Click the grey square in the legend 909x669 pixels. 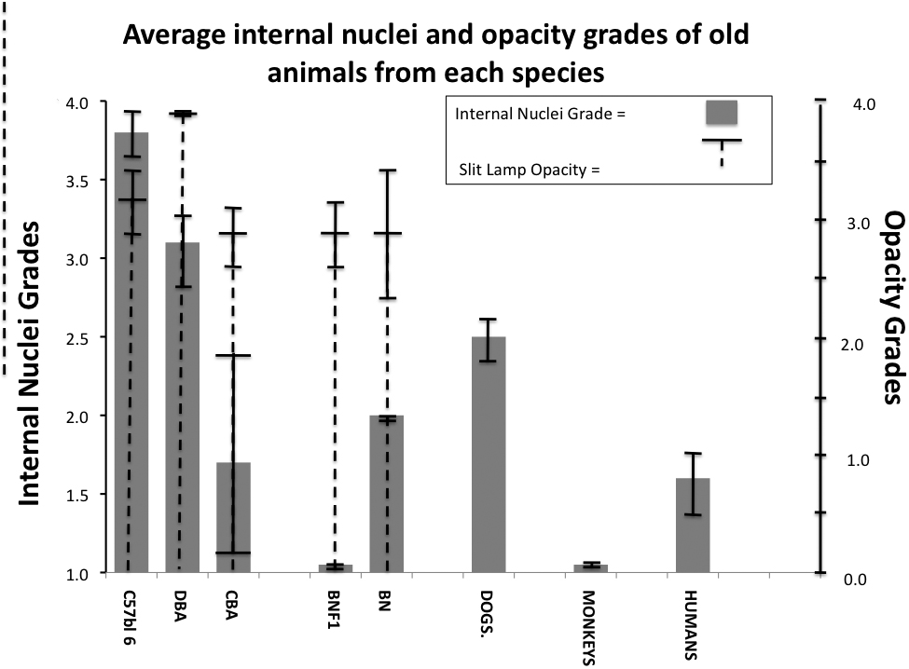[721, 113]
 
